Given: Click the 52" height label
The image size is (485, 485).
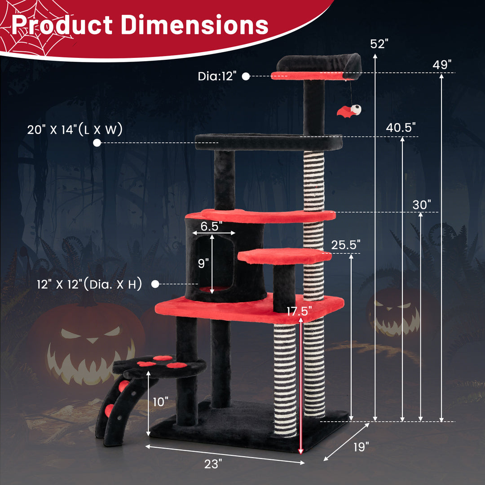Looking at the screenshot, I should point(379,44).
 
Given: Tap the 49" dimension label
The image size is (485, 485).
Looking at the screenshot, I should point(442,65).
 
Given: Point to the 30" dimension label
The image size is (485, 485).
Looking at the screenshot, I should point(422,205).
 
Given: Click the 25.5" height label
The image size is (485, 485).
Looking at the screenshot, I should point(346,245).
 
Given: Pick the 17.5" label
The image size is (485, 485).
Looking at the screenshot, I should point(299,311).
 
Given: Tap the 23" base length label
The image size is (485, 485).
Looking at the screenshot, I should point(213,464).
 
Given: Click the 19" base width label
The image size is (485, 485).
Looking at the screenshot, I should point(361,447).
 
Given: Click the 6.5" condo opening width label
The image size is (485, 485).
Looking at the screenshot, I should point(212,226).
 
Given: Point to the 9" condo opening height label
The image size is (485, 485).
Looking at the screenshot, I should point(203,263).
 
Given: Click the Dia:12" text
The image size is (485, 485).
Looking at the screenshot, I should point(217,76).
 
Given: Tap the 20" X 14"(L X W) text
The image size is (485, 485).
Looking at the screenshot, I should point(75,130).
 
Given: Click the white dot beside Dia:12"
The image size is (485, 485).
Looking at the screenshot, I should point(246,76).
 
